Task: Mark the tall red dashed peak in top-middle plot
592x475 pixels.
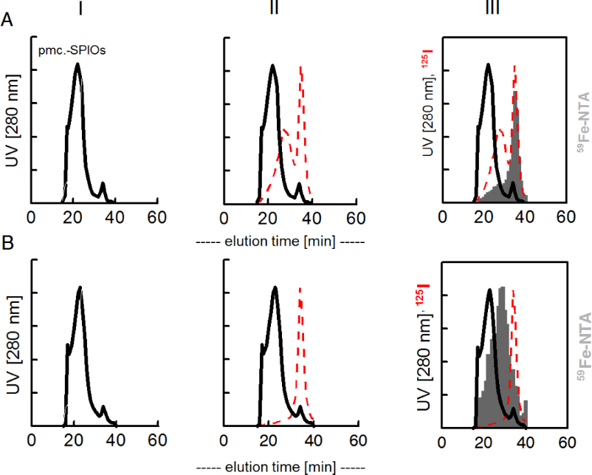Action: click(300, 68)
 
